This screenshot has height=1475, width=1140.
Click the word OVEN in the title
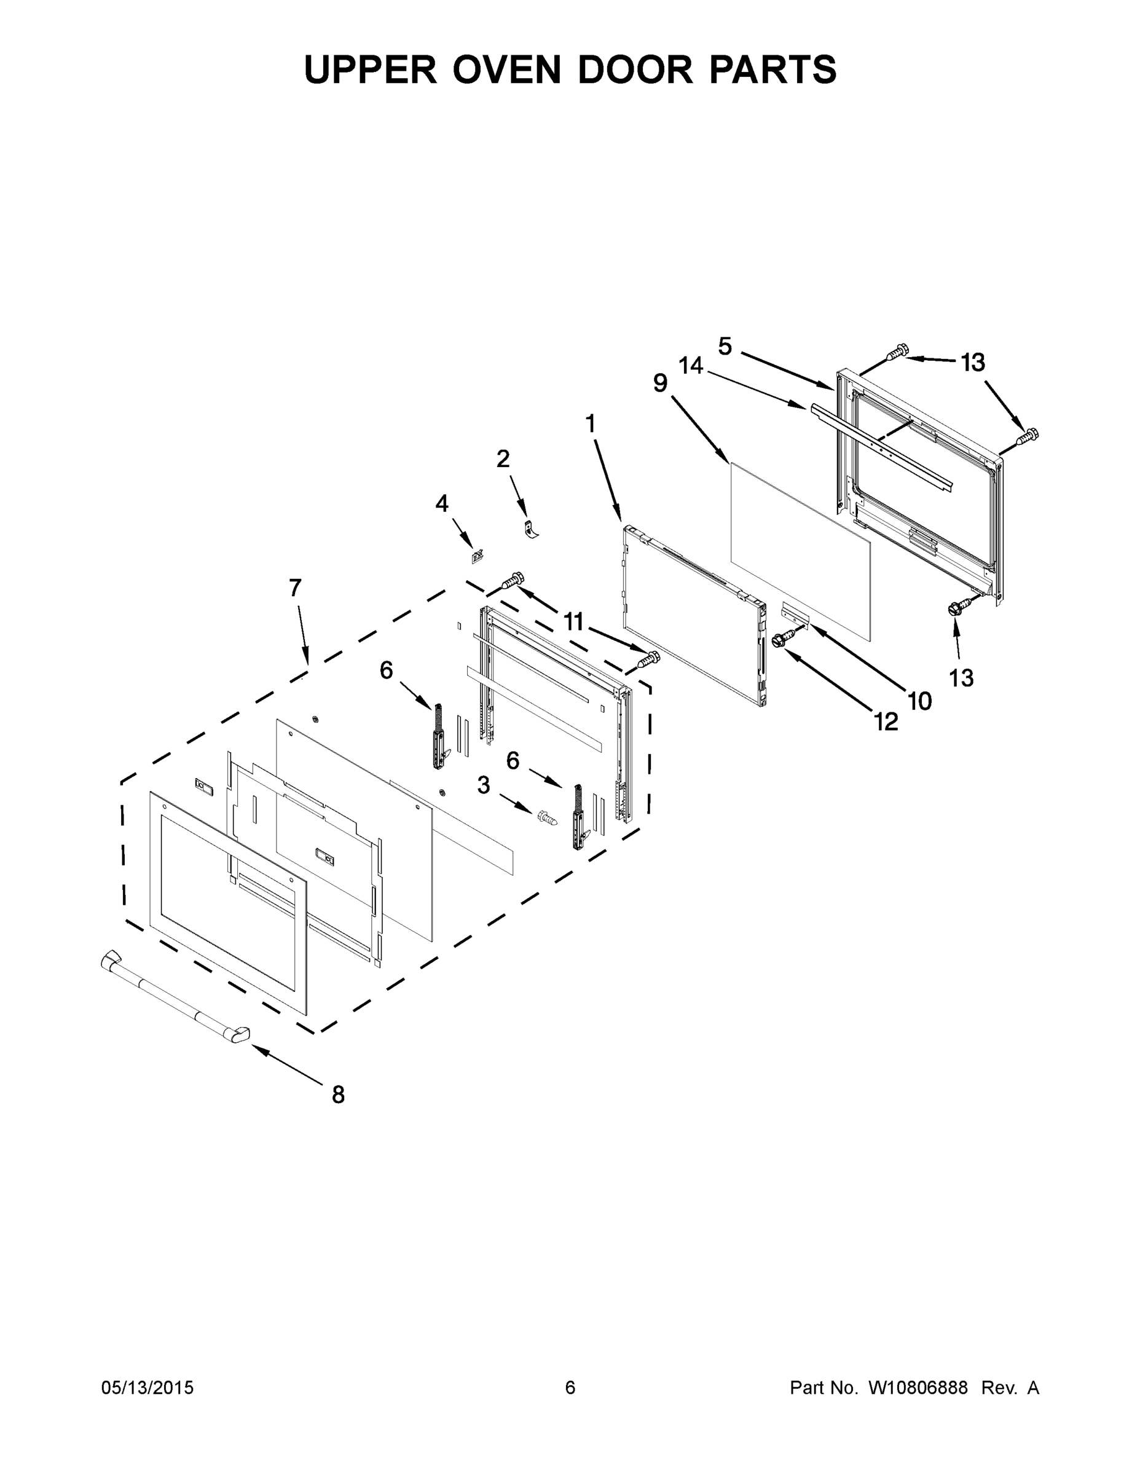coord(506,69)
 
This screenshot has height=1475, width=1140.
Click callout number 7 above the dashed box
coord(295,588)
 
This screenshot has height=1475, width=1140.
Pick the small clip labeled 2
coord(532,528)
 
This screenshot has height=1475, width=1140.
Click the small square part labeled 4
coord(477,557)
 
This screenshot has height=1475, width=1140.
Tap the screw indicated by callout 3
coord(548,819)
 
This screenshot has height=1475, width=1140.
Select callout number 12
coord(886,723)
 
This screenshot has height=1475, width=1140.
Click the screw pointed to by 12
coord(785,636)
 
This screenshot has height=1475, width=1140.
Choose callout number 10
coord(920,702)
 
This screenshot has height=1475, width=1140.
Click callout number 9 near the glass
coord(661,383)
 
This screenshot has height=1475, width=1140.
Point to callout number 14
coord(691,366)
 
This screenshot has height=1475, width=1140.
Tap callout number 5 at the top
coord(725,347)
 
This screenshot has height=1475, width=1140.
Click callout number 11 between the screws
coord(573,621)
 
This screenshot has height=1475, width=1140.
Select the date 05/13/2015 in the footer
coord(147,1388)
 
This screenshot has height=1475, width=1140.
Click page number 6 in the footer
coord(570,1388)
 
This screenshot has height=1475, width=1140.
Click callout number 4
coord(442,503)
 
